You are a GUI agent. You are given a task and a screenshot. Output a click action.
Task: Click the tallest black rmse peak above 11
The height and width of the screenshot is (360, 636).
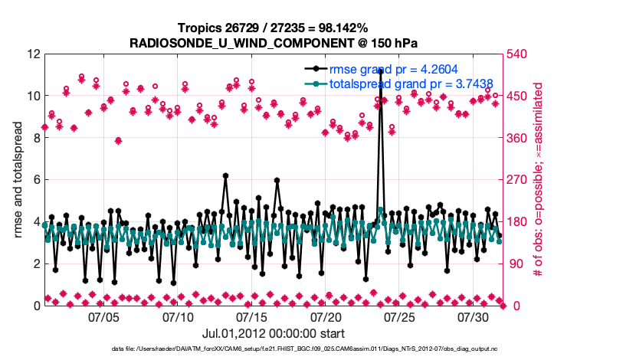[380, 70]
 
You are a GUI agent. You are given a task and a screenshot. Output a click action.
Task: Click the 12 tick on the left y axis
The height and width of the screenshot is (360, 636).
[33, 54]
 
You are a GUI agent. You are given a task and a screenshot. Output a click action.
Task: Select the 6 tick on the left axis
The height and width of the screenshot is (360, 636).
[36, 180]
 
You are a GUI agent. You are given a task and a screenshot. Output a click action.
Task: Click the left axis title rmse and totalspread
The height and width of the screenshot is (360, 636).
[18, 180]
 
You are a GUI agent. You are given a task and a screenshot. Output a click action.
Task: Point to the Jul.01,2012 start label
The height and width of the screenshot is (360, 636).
[273, 333]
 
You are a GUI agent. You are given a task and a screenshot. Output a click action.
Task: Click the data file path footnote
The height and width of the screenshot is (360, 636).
[317, 349]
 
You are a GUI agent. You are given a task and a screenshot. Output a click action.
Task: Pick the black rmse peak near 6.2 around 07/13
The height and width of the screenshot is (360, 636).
[225, 175]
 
